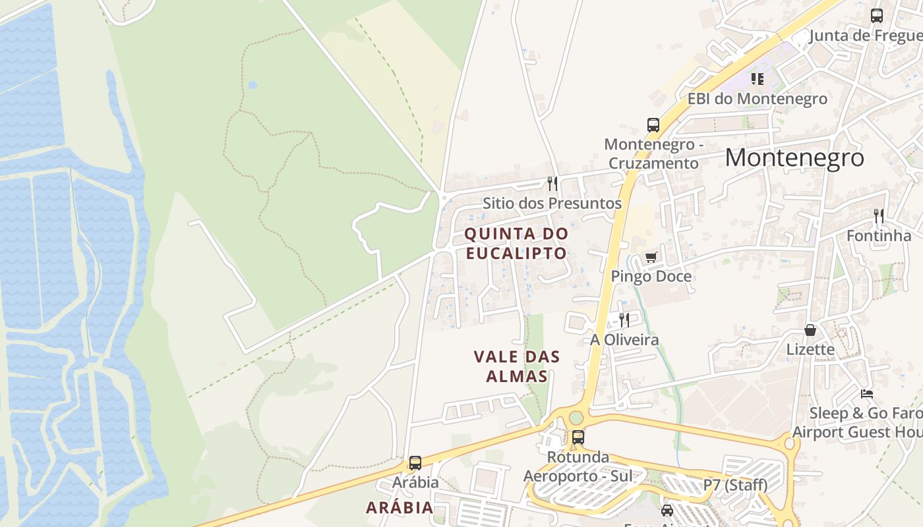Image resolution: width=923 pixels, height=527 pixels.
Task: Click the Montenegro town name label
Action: point(794,157)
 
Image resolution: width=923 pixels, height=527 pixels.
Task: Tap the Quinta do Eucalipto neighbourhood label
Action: point(516,243)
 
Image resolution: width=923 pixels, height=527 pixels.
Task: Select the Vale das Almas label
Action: point(517,366)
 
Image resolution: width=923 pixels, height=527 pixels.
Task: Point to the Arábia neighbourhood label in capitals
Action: point(400,507)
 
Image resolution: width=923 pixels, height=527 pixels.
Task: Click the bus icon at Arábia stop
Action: point(415,463)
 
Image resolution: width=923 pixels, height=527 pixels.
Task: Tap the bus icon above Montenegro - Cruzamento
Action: point(653,125)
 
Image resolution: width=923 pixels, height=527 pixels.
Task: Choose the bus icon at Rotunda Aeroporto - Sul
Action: point(578,437)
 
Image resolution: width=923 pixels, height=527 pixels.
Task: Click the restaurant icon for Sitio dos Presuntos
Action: point(552,183)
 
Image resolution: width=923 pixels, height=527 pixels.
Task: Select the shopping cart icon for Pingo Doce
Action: point(651,257)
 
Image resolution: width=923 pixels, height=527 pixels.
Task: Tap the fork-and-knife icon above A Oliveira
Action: point(624,320)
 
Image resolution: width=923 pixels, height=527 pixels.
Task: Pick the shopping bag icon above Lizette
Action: point(810,330)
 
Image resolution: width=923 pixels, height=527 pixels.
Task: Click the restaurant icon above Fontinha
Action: point(879,215)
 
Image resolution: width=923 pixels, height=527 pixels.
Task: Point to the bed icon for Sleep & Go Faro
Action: point(867,394)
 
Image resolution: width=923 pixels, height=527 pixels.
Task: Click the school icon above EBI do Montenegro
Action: point(758,79)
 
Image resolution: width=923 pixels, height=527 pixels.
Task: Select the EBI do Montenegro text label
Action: point(758,99)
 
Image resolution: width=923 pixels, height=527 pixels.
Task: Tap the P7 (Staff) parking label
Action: point(735,485)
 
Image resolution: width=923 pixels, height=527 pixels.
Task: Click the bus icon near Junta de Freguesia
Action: point(876,16)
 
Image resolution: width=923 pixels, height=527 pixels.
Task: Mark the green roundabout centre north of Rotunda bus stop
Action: point(577,418)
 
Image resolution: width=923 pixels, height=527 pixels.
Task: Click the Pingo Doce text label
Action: point(651,276)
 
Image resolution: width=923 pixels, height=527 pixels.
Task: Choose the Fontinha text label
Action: point(879,235)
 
